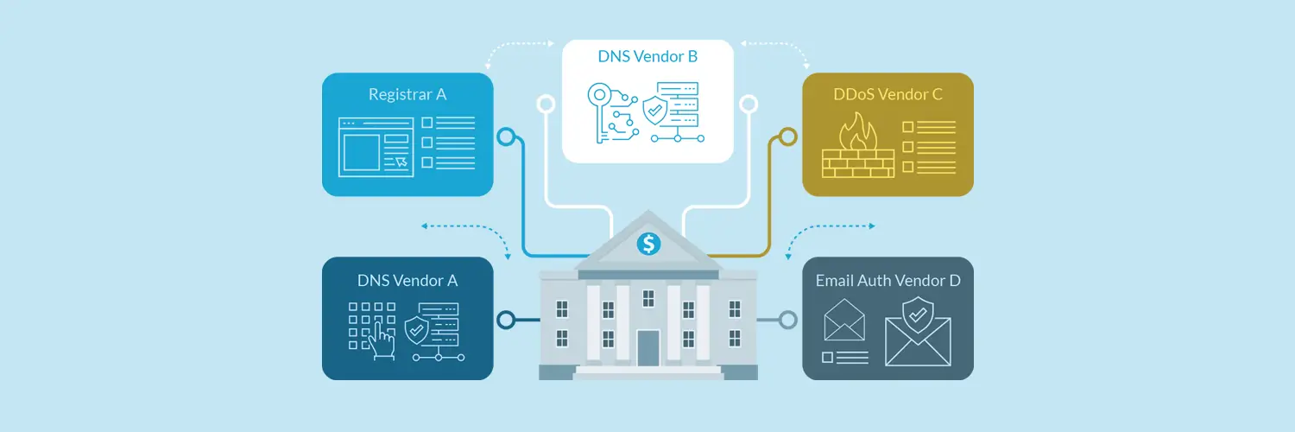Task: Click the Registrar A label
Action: [407, 94]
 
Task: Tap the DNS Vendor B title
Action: [647, 56]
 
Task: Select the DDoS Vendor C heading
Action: [888, 94]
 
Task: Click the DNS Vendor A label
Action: [407, 281]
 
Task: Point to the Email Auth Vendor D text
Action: [888, 281]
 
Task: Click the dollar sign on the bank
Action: [648, 244]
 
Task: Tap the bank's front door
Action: [648, 347]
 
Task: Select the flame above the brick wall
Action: [858, 131]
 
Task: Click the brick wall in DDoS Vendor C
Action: [858, 163]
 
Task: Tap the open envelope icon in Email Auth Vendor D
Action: [844, 320]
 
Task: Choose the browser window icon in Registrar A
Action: [376, 147]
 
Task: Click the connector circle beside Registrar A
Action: [506, 137]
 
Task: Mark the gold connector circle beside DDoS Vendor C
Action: [788, 137]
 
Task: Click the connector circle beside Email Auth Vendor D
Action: [788, 320]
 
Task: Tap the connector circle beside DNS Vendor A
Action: [506, 320]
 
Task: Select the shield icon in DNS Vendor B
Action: [655, 111]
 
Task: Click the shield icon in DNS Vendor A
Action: [417, 330]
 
